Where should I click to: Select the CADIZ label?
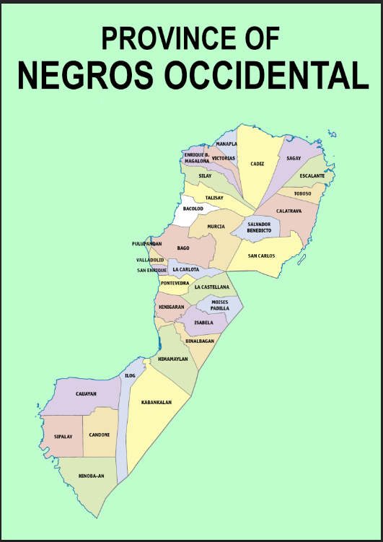[257, 164]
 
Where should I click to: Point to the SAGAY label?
[294, 158]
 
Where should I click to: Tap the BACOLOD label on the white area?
[193, 209]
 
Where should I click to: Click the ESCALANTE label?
[312, 176]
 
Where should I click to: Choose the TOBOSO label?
[302, 193]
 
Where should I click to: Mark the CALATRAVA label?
[289, 211]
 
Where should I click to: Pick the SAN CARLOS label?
[261, 255]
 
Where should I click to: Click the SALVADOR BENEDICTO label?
[259, 227]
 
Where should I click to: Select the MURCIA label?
[216, 227]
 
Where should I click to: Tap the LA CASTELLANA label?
[211, 287]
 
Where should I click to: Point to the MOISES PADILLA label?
[220, 305]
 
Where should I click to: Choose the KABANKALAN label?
[157, 402]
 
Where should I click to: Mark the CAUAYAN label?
[87, 394]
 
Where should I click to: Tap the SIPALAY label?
[63, 437]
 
